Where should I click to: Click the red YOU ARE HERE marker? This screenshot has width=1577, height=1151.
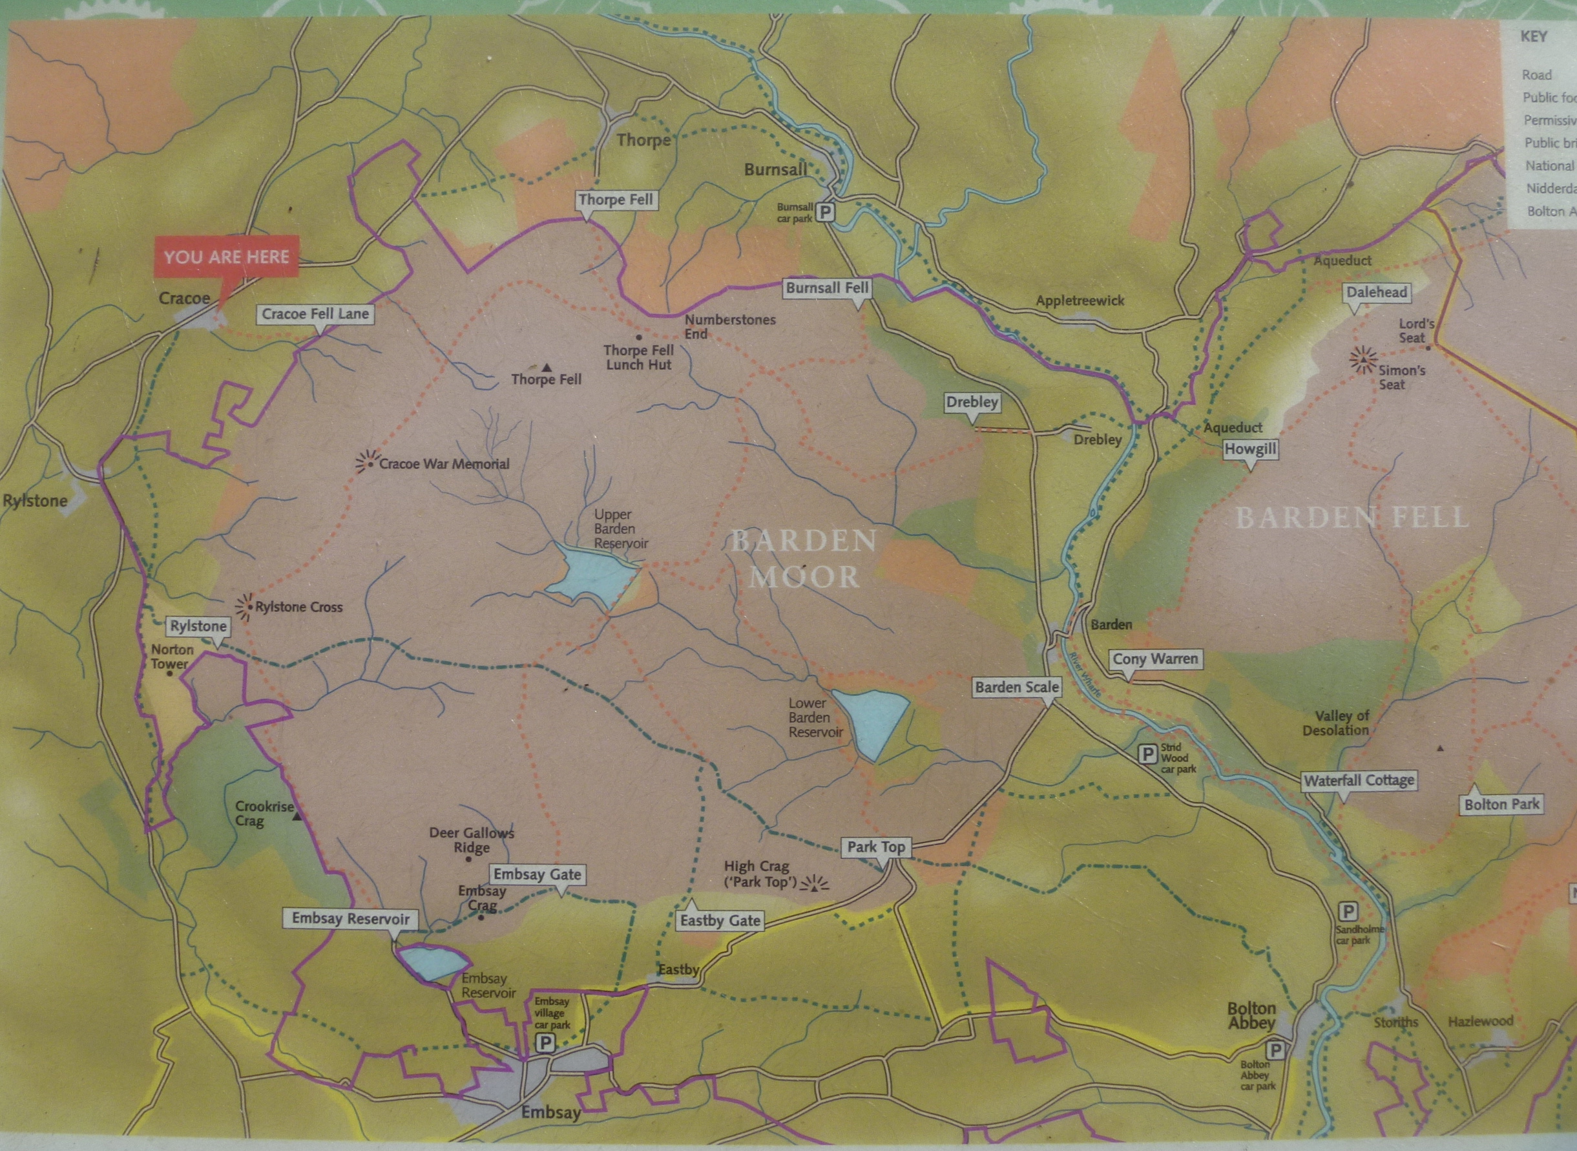(x=227, y=257)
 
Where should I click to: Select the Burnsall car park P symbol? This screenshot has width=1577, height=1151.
(x=826, y=211)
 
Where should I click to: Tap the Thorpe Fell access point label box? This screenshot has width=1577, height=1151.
(x=616, y=200)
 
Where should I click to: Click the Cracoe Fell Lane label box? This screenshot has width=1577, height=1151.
(x=315, y=314)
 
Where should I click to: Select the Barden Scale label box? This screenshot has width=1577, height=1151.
(x=1017, y=688)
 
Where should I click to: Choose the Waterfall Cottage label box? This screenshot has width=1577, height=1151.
(x=1359, y=781)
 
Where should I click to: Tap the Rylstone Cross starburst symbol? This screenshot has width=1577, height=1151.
(x=245, y=607)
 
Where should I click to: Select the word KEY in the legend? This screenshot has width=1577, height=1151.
(x=1534, y=36)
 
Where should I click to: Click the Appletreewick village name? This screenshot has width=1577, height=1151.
(x=1080, y=301)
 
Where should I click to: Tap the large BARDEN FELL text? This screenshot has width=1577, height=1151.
(x=1352, y=518)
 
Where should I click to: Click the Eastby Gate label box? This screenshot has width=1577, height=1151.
(x=720, y=921)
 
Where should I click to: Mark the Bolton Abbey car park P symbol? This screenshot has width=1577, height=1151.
(x=1275, y=1050)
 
